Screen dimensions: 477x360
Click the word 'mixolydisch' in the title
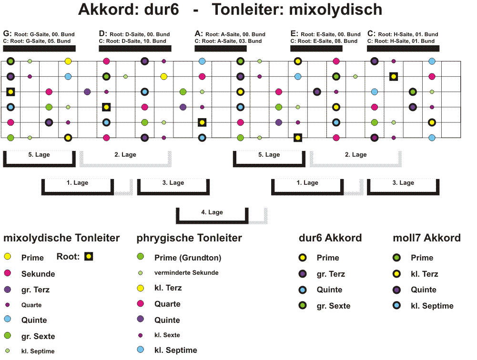click(335, 10)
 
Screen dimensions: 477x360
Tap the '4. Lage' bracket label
click(212, 212)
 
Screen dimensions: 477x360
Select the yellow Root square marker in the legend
click(89, 256)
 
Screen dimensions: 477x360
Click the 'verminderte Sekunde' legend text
click(186, 273)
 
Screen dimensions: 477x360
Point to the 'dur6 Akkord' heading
click(330, 238)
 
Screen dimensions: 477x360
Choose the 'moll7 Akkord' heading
click(426, 238)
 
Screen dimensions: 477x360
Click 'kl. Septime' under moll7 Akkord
click(432, 306)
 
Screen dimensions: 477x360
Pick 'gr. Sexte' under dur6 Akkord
click(334, 306)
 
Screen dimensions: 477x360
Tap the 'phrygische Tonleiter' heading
click(189, 238)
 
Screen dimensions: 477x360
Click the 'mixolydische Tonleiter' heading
click(61, 238)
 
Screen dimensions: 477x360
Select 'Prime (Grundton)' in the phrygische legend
click(188, 258)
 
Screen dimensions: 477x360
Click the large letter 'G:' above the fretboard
click(7, 33)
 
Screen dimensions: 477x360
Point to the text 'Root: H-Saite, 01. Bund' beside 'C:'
click(408, 34)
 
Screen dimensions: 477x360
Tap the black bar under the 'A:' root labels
click(221, 49)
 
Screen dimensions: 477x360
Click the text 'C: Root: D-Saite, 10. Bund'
click(132, 41)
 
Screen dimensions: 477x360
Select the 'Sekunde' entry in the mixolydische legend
click(38, 274)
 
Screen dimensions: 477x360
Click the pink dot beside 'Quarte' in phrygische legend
click(140, 303)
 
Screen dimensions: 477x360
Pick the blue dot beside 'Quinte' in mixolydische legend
click(8, 319)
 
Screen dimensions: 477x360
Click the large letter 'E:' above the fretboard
click(294, 33)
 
